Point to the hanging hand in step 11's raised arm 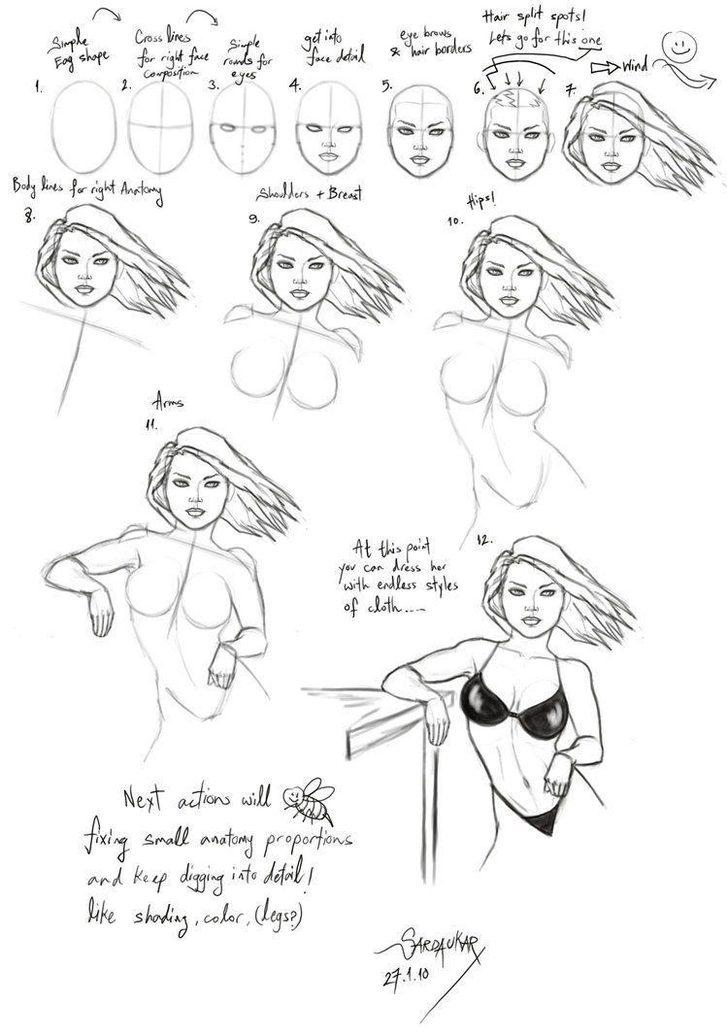[x=100, y=614]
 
